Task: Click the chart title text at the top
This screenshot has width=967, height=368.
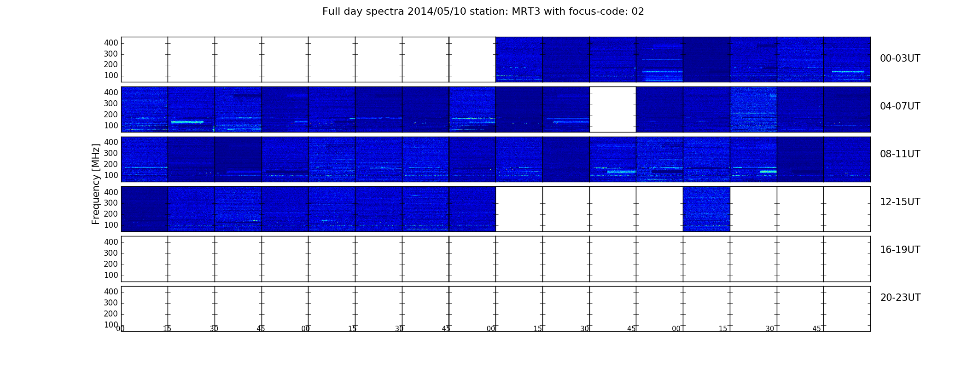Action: pos(483,11)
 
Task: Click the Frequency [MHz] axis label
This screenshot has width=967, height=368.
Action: pos(96,184)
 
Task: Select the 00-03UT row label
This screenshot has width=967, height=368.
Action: pos(900,58)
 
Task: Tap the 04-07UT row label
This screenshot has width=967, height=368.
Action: pos(900,106)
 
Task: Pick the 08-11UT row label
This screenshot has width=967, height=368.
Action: pos(900,154)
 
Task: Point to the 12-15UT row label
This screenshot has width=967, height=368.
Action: pos(900,202)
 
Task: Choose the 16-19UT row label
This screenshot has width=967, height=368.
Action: pos(900,250)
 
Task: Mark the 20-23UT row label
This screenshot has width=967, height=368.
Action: pos(900,298)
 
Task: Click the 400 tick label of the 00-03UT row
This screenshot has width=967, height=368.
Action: pos(111,43)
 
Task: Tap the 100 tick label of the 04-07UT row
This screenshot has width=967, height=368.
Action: pos(111,126)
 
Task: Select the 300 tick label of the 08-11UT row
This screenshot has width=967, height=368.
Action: pos(111,153)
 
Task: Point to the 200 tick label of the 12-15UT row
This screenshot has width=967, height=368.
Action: pos(111,214)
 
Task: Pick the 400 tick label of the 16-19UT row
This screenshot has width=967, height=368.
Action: pos(111,242)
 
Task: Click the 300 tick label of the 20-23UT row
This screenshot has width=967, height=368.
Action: pos(111,303)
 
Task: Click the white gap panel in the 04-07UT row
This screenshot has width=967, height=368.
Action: pos(613,109)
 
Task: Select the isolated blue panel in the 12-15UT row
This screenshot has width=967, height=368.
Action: pos(706,209)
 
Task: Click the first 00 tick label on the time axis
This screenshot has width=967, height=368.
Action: pos(120,328)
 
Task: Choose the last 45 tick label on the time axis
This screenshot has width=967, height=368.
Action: pos(816,328)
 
